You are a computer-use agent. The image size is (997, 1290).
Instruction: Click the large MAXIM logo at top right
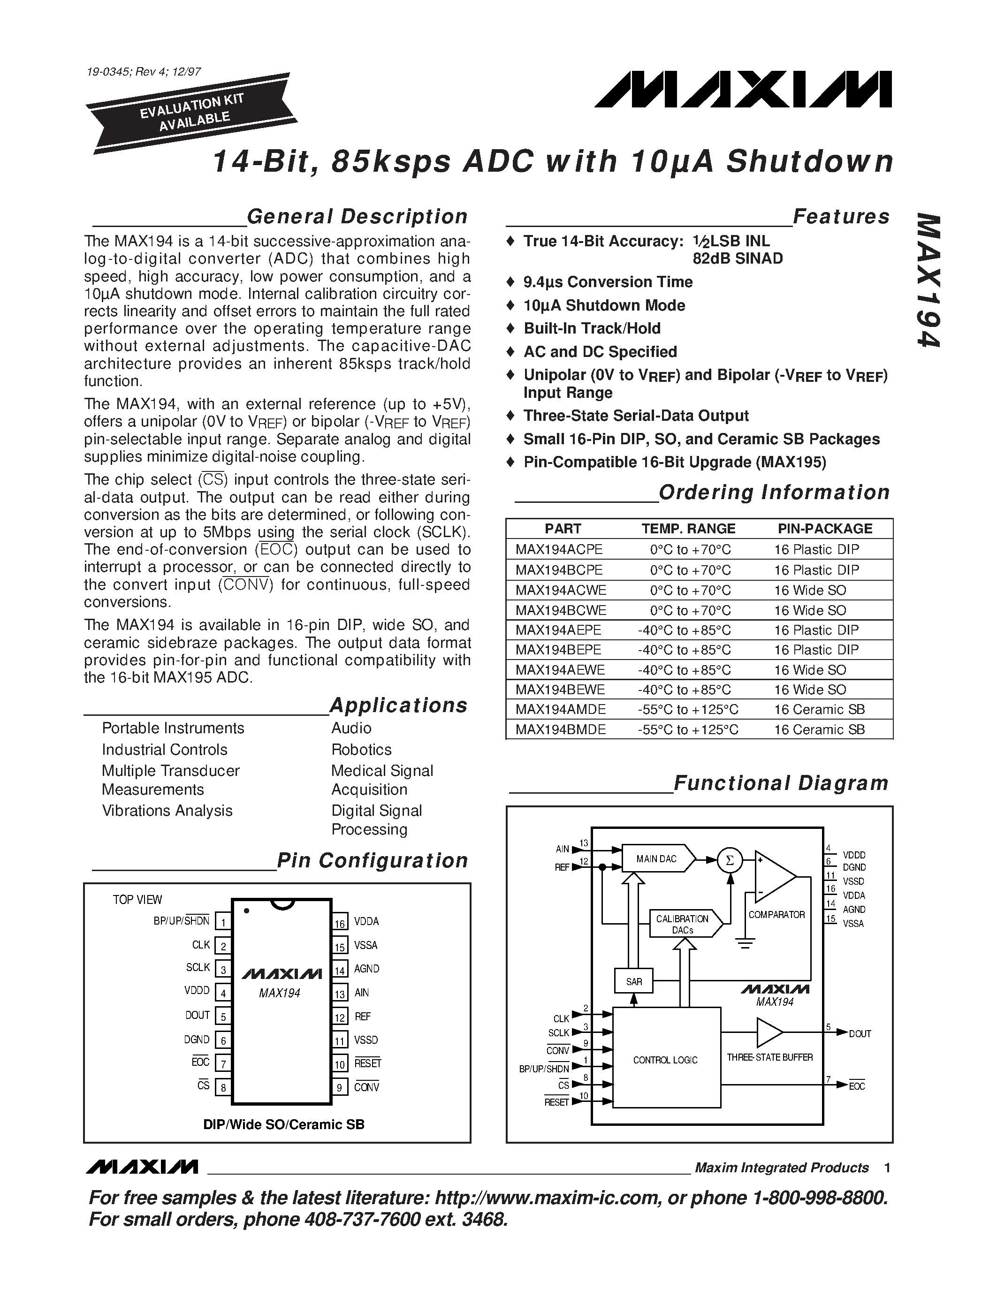point(743,90)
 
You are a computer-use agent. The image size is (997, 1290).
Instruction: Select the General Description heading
point(357,217)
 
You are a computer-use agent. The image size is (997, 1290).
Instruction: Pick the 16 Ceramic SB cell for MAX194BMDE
point(819,729)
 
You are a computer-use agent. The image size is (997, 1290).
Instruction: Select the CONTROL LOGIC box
point(666,1060)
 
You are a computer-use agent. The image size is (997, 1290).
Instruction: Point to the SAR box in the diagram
point(634,982)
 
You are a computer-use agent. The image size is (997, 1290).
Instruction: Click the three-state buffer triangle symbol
point(769,1032)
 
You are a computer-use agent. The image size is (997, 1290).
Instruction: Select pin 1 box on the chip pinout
point(223,921)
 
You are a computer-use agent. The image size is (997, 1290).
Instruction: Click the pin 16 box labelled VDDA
point(340,921)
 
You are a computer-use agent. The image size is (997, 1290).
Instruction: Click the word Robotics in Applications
point(361,750)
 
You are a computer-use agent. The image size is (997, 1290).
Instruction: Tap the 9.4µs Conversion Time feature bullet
point(608,282)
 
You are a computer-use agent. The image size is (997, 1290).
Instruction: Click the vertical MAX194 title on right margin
point(928,280)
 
